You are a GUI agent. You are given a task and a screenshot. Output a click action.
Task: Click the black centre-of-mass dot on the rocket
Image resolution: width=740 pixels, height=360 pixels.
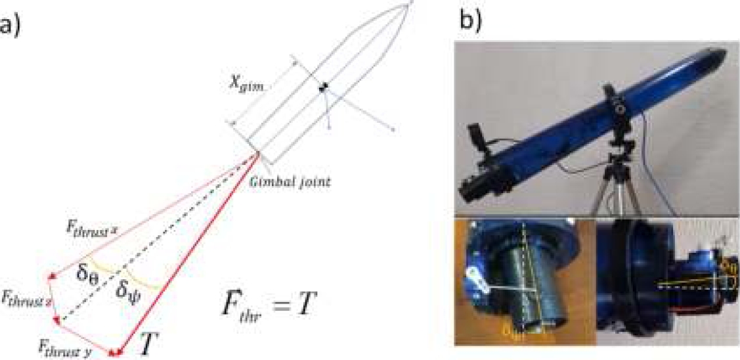tap(323, 88)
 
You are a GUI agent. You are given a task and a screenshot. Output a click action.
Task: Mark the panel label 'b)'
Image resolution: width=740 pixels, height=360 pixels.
tap(471, 20)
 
